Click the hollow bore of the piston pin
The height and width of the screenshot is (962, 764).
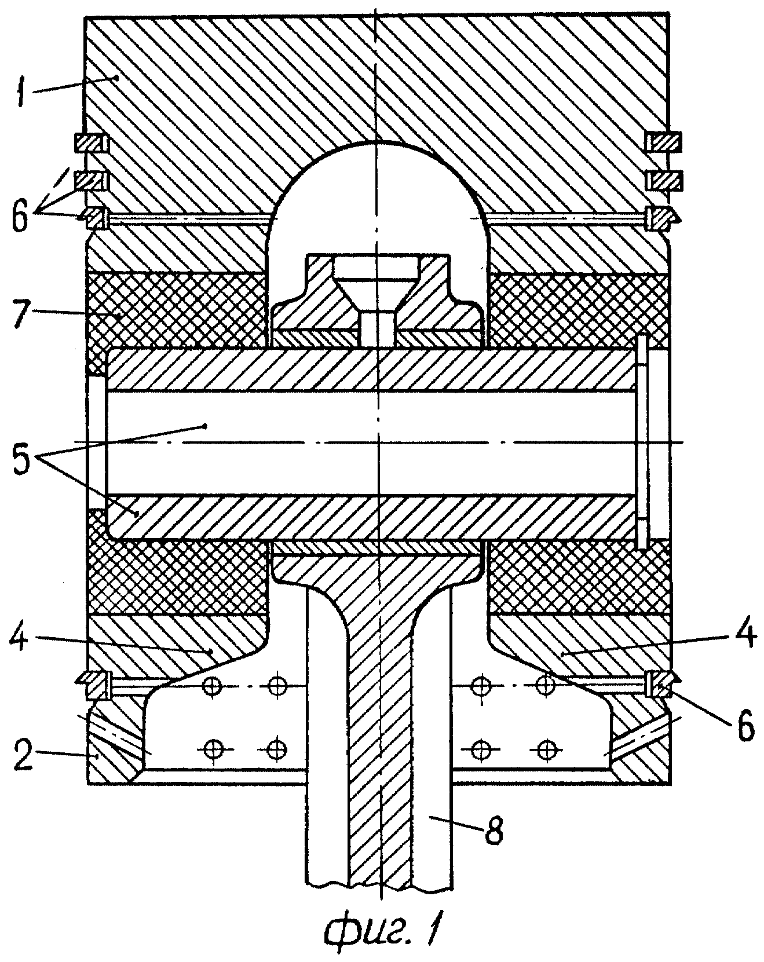pos(371,443)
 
